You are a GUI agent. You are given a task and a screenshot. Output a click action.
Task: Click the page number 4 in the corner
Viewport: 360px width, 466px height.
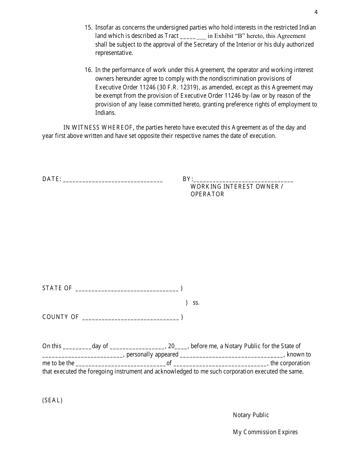(x=316, y=12)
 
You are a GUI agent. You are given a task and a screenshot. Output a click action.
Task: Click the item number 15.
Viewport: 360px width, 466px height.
(x=88, y=28)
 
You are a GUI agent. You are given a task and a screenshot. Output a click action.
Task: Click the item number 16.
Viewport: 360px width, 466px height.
(x=88, y=70)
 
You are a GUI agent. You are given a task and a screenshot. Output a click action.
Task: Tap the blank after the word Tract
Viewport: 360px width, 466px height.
(x=193, y=37)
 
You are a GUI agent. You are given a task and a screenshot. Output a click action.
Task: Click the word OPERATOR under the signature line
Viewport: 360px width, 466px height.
(x=207, y=194)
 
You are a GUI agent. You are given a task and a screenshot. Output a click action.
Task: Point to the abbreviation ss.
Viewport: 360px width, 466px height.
(x=196, y=303)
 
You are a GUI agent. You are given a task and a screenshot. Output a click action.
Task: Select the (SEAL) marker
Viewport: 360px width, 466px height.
(x=52, y=400)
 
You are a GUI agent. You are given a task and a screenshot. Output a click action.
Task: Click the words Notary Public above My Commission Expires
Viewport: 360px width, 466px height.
(x=251, y=415)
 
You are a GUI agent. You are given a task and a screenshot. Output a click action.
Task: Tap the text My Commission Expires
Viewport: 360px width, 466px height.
(x=265, y=432)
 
